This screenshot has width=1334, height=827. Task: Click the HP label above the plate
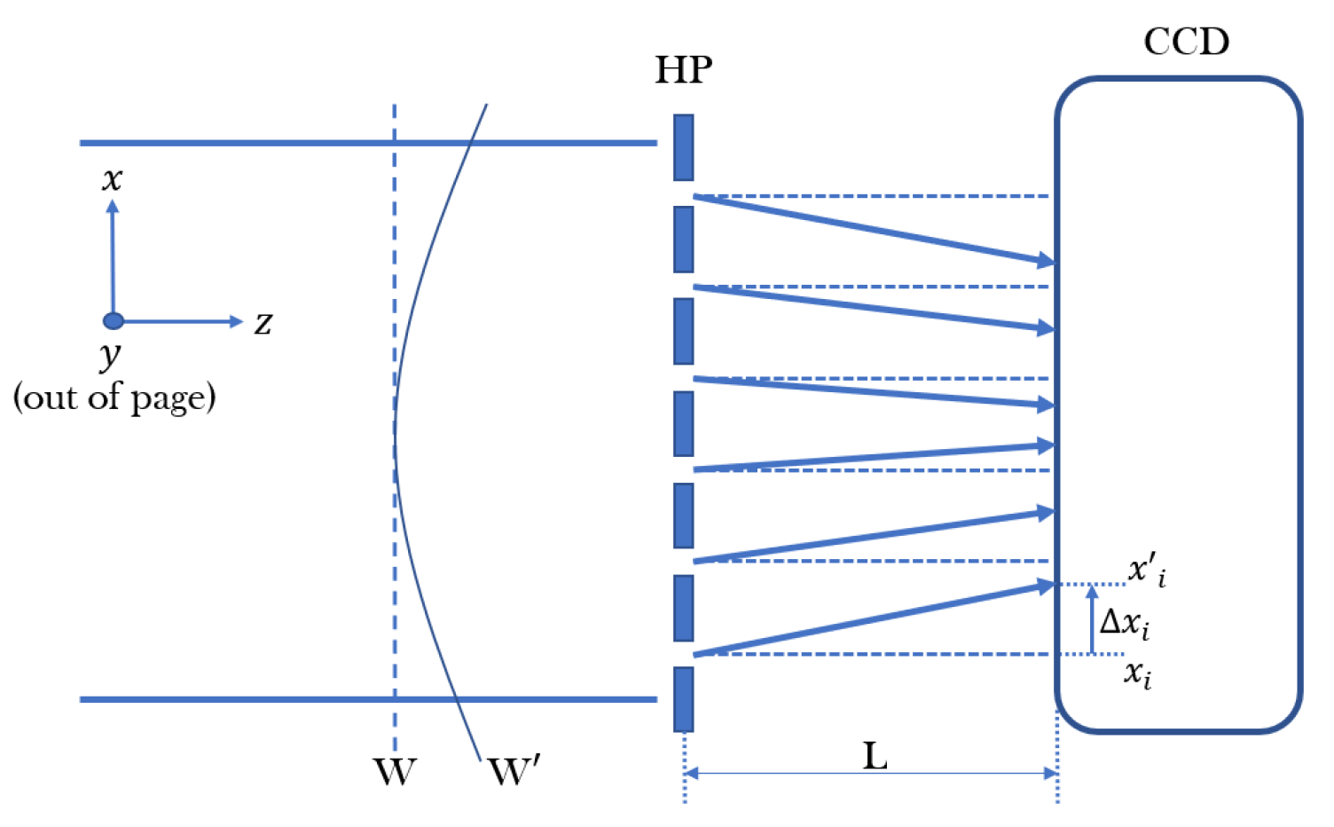point(683,70)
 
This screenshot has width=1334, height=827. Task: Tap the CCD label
point(1186,42)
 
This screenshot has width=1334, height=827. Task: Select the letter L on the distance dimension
point(875,757)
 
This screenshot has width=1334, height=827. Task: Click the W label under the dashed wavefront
point(394,772)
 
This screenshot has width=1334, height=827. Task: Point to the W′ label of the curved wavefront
point(514,772)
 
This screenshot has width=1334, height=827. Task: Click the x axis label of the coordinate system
point(112,180)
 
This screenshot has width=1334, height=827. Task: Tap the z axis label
point(263,323)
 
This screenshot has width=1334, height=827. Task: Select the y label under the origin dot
point(110,356)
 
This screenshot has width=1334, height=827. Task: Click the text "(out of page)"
point(114,397)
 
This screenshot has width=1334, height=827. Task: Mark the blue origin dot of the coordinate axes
point(114,321)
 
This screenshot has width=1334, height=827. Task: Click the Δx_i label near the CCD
point(1125,624)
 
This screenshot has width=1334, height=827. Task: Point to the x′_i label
point(1146,571)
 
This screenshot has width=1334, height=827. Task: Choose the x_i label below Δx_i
point(1138,675)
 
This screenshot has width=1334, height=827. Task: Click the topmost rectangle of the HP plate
point(683,147)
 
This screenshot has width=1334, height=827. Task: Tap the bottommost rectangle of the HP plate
point(683,699)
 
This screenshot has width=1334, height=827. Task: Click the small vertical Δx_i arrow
point(1092,619)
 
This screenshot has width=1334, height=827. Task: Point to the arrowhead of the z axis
point(236,321)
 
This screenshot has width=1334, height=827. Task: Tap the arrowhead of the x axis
point(113,207)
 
